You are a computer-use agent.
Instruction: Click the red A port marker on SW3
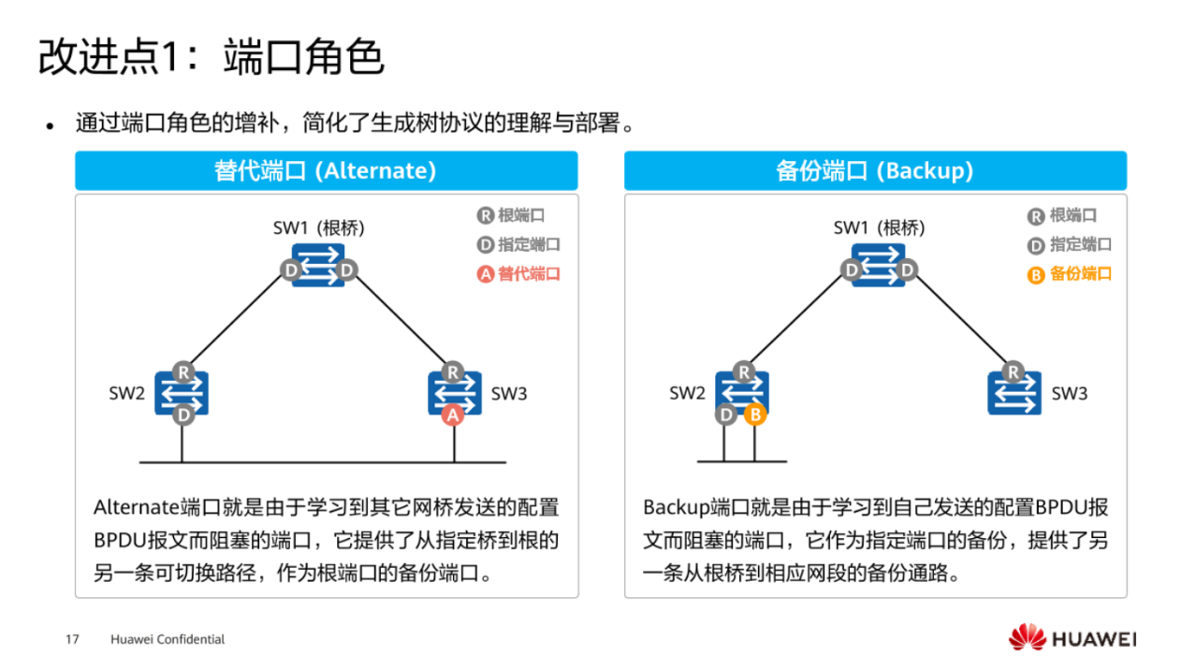click(454, 414)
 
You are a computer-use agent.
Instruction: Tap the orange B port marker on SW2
click(755, 414)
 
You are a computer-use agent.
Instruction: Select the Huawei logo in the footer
click(1072, 638)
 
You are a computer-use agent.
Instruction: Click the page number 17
click(72, 640)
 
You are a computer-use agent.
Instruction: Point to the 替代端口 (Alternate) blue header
click(326, 171)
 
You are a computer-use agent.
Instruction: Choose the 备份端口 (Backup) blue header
click(875, 171)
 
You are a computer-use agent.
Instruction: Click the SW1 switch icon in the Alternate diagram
click(318, 265)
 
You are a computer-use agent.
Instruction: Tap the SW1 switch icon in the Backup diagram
click(879, 265)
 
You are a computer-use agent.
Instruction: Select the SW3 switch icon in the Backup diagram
click(1014, 393)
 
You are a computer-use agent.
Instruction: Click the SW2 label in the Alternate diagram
click(126, 394)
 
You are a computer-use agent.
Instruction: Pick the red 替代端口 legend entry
click(518, 274)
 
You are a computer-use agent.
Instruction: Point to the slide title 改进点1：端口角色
click(211, 58)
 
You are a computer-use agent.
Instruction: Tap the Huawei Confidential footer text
click(168, 640)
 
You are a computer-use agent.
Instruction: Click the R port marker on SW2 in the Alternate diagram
click(182, 371)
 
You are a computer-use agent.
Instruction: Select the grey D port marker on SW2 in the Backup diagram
click(726, 414)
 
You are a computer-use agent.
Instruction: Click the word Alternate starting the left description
click(135, 507)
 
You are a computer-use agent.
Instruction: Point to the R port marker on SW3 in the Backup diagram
click(1013, 371)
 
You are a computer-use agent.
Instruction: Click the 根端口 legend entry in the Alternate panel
click(511, 215)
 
